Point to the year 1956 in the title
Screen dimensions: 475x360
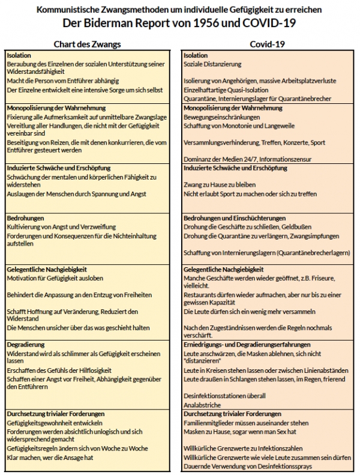coord(236,24)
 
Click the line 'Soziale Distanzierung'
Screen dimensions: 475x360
coord(212,64)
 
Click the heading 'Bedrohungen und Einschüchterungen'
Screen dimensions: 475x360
coord(235,217)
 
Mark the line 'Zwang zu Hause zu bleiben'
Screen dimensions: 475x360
coord(220,185)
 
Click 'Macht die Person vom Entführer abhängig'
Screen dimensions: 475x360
coord(63,80)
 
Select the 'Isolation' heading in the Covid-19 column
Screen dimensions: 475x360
coord(196,55)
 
